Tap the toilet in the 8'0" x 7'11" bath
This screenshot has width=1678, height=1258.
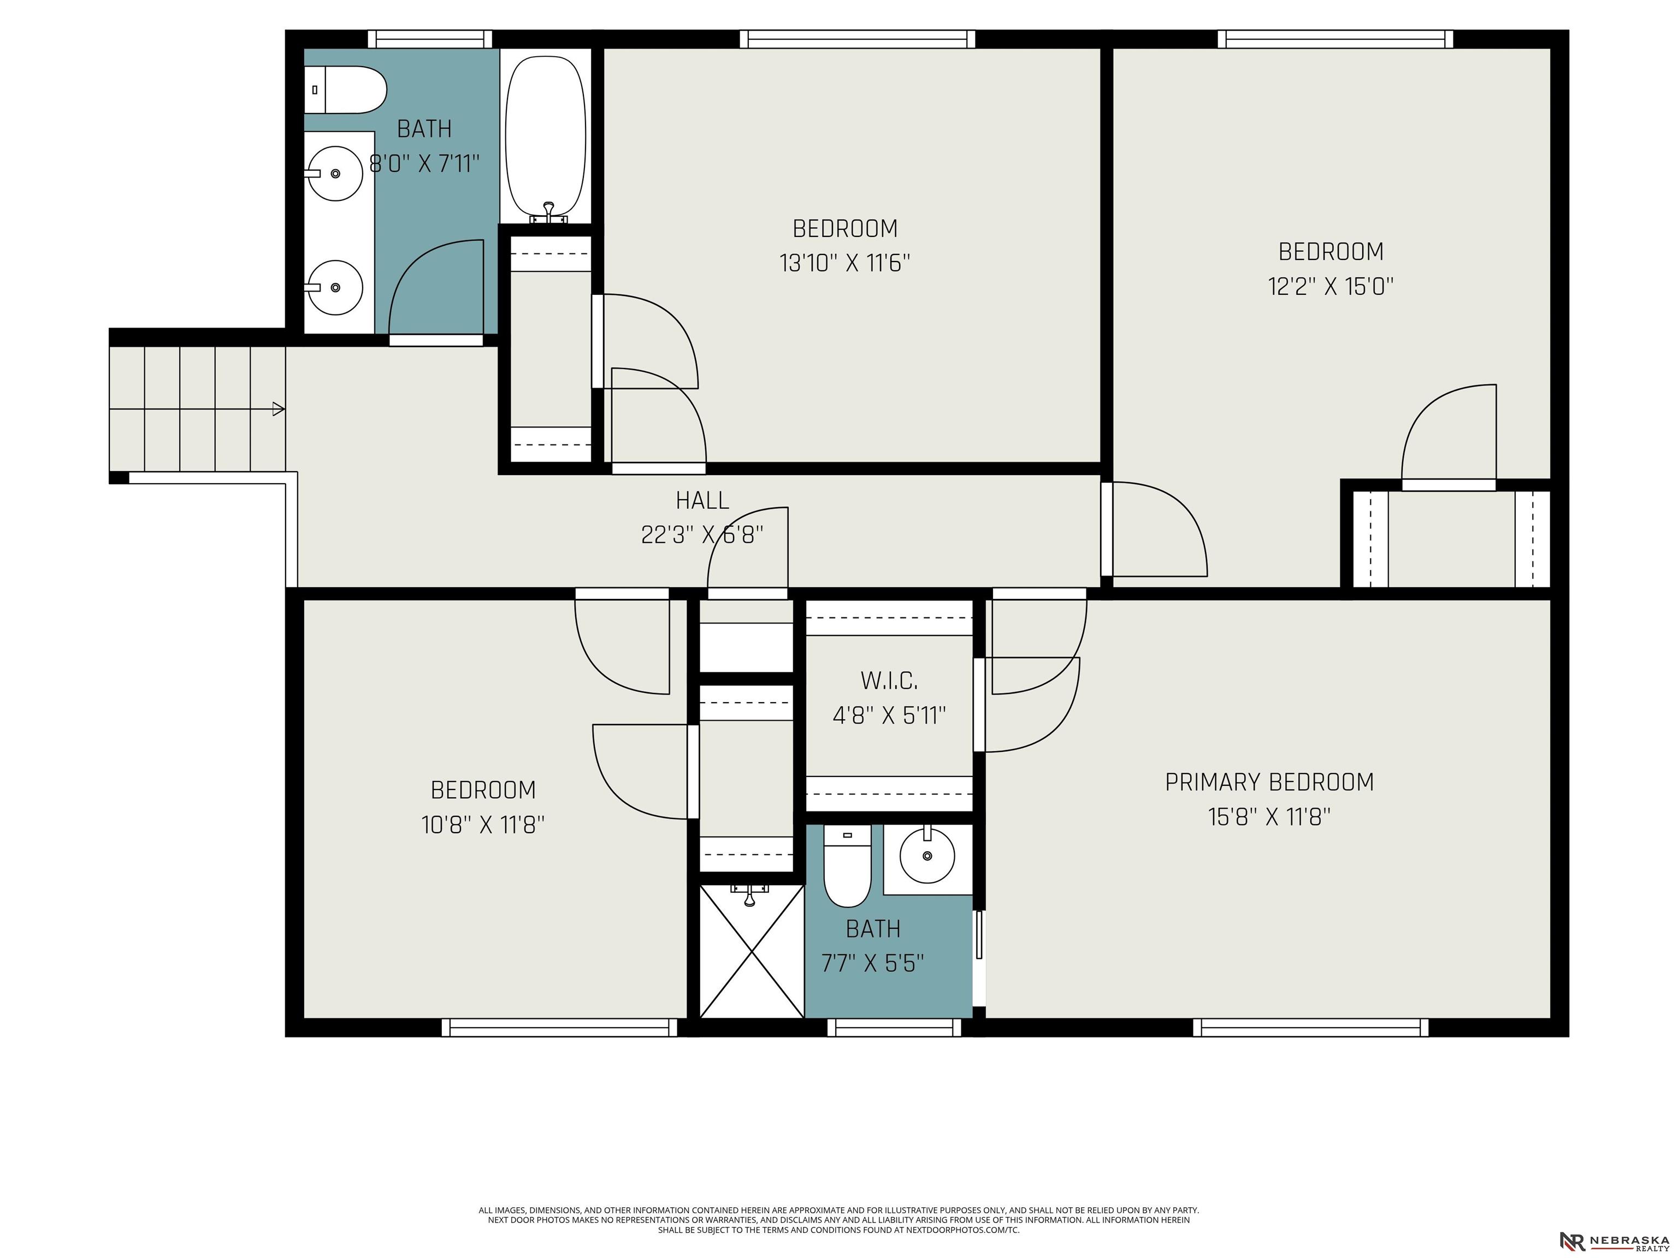pos(345,90)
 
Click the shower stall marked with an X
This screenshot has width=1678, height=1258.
pos(751,951)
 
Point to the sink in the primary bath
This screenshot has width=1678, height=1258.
pos(927,856)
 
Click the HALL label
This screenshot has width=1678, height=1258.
pos(702,501)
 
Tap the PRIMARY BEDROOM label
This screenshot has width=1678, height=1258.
pos(1269,782)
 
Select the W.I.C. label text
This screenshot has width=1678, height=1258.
pos(889,681)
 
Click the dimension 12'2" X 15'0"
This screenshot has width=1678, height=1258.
pos(1331,287)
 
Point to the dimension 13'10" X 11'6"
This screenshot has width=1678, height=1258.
pos(844,263)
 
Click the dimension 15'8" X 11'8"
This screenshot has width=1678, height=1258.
pos(1269,817)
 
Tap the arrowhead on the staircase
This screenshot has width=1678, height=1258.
pos(279,410)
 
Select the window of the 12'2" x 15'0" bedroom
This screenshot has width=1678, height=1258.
pos(1335,39)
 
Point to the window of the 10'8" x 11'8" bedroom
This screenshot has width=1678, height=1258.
pos(559,1028)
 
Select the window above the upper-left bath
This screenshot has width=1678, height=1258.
pos(430,39)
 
